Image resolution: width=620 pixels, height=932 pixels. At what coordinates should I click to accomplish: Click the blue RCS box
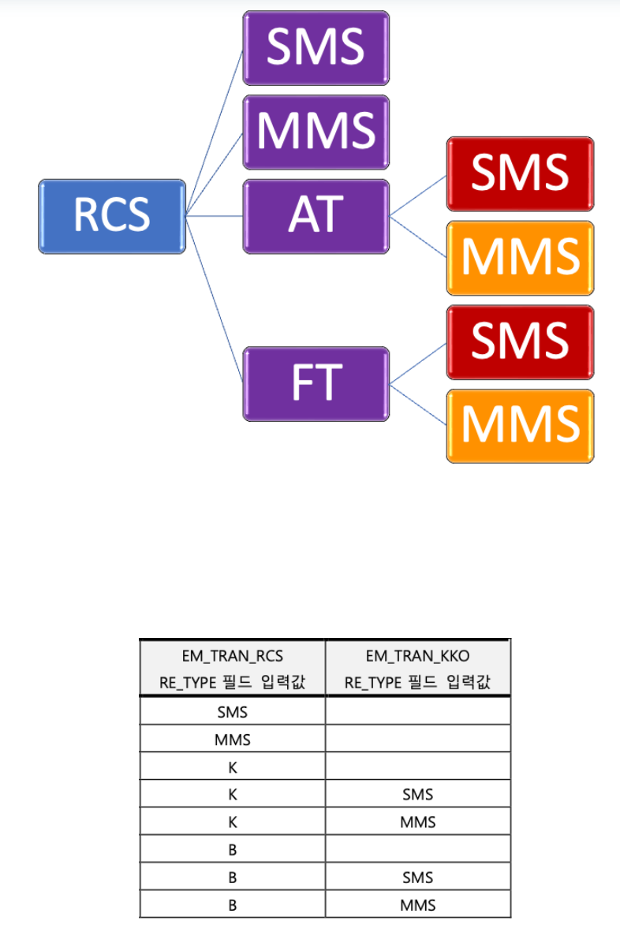tap(112, 216)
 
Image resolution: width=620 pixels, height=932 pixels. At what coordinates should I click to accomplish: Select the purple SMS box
tap(316, 48)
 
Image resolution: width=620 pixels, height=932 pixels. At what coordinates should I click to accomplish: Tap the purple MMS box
tap(316, 132)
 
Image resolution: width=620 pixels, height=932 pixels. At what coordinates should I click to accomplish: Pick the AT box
tap(316, 216)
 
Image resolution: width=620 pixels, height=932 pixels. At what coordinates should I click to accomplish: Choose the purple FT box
tap(316, 383)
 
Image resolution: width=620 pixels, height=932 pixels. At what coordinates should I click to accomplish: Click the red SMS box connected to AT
tap(520, 174)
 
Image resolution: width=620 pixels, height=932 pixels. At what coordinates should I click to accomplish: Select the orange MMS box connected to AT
tap(520, 258)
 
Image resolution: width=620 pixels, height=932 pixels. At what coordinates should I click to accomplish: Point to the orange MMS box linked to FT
tap(520, 426)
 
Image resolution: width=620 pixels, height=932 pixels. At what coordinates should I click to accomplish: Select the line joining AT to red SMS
tap(418, 195)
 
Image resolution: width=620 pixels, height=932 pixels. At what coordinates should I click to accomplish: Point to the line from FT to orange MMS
tap(418, 404)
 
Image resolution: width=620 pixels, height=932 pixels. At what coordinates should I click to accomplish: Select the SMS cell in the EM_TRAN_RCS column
tap(232, 712)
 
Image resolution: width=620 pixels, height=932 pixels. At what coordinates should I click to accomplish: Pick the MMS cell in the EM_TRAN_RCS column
tap(232, 740)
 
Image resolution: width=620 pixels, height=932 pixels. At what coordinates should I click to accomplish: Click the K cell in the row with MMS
tap(232, 822)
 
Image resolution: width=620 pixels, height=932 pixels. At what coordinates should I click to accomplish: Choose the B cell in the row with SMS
tap(232, 877)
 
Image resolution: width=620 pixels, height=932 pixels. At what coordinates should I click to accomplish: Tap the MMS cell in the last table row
tap(417, 904)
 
